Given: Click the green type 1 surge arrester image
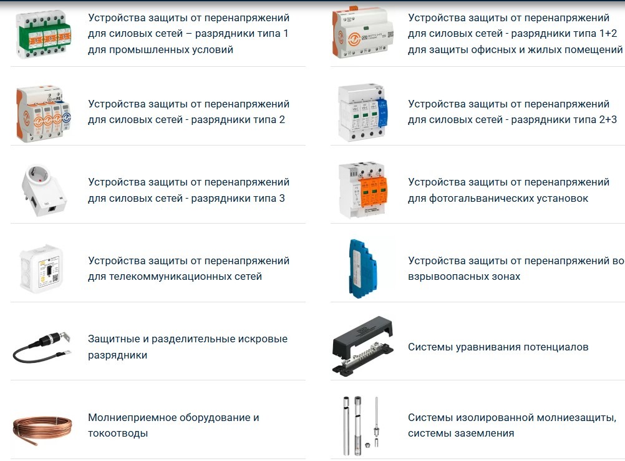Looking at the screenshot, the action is pos(43,35).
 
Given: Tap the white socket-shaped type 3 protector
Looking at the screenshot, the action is pos(43,191).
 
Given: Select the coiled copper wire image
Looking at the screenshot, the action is pos(42,430).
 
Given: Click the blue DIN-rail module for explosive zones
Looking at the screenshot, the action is pos(362,269).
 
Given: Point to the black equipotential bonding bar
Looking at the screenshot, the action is pos(362,346).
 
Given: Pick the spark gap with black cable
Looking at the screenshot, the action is pos(42,346).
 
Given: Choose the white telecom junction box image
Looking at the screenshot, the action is pos(41,269).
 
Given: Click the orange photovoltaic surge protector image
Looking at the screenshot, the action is pos(362,190).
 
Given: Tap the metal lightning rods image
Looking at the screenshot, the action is pos(361,425).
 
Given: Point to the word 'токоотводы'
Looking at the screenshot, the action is pos(118,434).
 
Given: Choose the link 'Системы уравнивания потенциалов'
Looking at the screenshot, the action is pos(498,347).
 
